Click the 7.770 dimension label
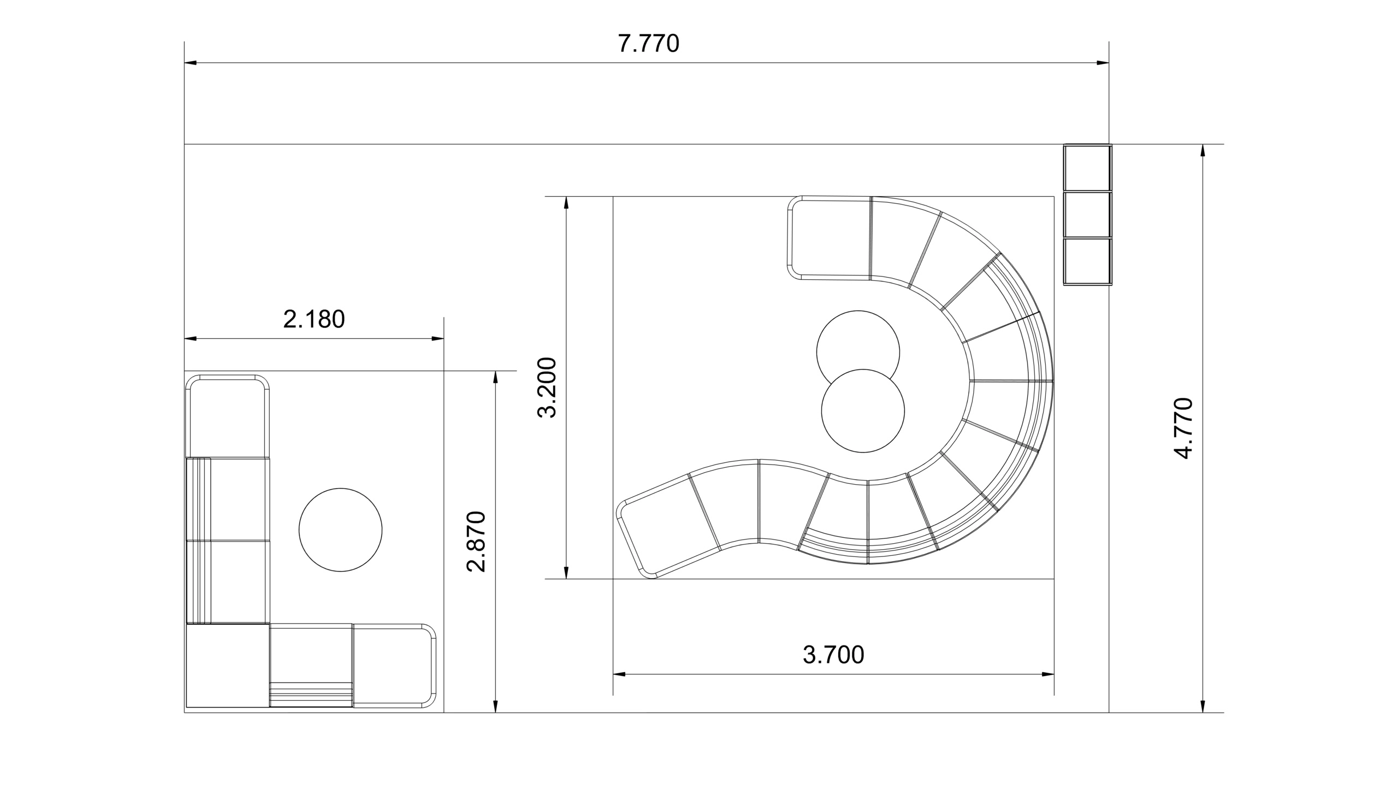point(648,44)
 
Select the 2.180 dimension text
point(314,319)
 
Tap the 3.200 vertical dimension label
point(547,387)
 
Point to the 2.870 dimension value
point(476,542)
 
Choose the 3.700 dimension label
point(833,655)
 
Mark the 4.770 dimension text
point(1183,428)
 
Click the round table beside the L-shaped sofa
point(340,530)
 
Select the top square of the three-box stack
point(1088,168)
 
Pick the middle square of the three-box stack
point(1088,215)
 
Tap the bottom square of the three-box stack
point(1088,261)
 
